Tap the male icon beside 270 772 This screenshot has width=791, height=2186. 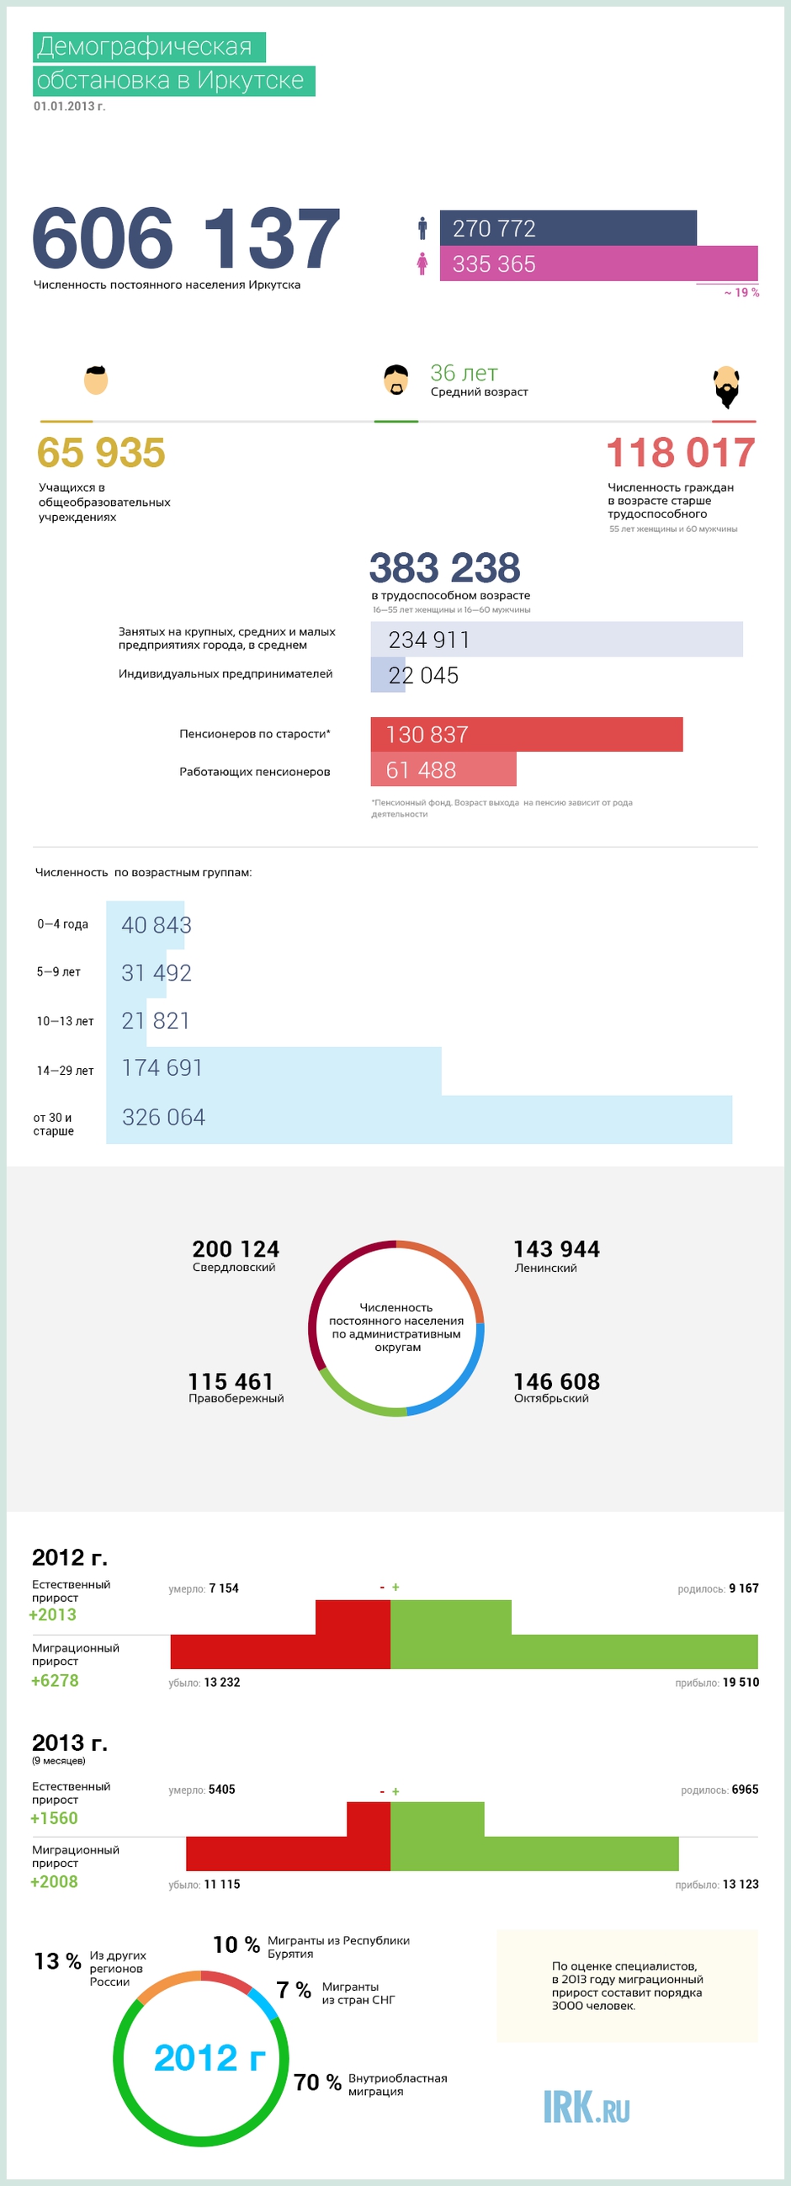point(422,228)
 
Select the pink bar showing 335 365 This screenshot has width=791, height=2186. point(598,263)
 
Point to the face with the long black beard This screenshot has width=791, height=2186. point(726,386)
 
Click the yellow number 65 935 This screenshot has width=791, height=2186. point(101,452)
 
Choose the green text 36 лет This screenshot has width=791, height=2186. point(465,373)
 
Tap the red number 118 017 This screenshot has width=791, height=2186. point(681,452)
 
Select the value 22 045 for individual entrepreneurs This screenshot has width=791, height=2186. point(423,675)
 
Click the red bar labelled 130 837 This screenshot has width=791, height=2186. point(526,734)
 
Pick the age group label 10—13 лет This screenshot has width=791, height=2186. point(65,1021)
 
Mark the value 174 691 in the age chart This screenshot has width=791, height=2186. point(162,1067)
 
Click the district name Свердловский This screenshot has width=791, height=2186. point(234,1267)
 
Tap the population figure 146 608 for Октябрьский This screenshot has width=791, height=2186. point(557,1381)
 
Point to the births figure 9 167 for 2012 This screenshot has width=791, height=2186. point(744,1588)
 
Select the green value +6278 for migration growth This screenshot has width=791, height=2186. point(55,1680)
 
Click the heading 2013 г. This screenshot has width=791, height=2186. point(70,1742)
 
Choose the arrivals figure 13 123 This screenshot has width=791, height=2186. point(741,1884)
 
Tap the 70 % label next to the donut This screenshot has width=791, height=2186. point(317,2082)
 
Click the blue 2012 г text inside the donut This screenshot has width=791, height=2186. point(210,2058)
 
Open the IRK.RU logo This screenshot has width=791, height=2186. point(587,2107)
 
